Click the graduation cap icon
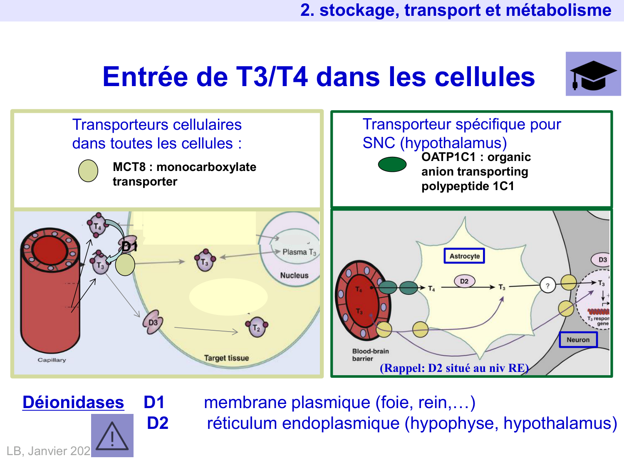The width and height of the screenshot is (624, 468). (x=593, y=74)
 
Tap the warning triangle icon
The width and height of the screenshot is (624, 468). (x=112, y=436)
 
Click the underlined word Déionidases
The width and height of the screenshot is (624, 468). (x=73, y=403)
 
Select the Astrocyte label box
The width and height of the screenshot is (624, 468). (x=464, y=256)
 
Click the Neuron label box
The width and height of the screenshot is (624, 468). (x=578, y=339)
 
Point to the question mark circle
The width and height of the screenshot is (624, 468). (x=547, y=286)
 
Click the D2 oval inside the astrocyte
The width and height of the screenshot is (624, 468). (x=464, y=281)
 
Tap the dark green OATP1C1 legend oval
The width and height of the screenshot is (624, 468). (x=392, y=164)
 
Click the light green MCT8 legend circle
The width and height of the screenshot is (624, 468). (x=88, y=171)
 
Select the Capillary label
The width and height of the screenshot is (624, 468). (x=52, y=360)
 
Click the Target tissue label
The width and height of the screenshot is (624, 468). (x=226, y=358)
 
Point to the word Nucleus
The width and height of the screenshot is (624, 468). (x=294, y=275)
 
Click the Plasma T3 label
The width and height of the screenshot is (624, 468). (x=299, y=252)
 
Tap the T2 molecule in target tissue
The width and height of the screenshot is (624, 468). (x=257, y=328)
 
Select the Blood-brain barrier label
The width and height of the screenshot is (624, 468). (x=370, y=354)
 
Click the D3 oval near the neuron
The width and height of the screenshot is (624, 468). (x=602, y=260)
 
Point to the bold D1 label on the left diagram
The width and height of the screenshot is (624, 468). (x=129, y=247)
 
